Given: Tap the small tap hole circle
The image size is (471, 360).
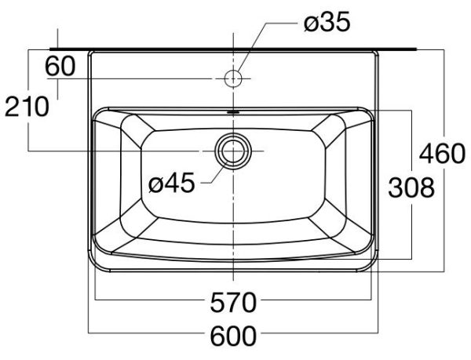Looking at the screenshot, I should point(233,78).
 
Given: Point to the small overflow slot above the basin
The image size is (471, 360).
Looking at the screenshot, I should point(233,111).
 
